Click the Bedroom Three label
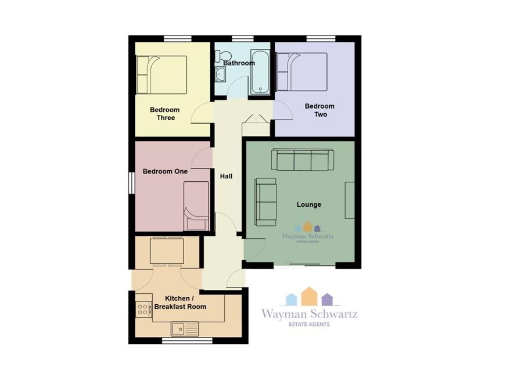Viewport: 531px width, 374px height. click(165, 114)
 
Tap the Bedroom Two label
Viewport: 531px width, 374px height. click(320, 110)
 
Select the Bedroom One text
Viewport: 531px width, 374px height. click(165, 171)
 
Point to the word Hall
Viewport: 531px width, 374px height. click(226, 177)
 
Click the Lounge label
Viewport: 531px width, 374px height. click(309, 205)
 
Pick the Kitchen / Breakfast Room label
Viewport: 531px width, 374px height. click(180, 303)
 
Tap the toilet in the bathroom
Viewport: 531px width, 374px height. click(224, 55)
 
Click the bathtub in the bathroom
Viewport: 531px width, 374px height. click(260, 72)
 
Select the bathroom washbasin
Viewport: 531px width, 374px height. click(220, 74)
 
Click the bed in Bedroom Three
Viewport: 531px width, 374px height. click(162, 75)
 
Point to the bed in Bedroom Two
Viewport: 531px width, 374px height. click(302, 72)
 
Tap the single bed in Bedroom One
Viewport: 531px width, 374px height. click(196, 206)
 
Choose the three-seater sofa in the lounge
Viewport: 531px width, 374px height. click(303, 160)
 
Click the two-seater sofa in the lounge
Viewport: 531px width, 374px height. click(266, 202)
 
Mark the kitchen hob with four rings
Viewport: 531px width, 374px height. click(143, 309)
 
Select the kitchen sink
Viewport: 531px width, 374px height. click(185, 329)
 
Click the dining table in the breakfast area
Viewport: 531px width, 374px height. click(167, 251)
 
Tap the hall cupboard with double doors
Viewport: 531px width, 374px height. click(256, 125)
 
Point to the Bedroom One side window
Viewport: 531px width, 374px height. click(132, 183)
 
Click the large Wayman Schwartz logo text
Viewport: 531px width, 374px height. click(309, 314)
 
